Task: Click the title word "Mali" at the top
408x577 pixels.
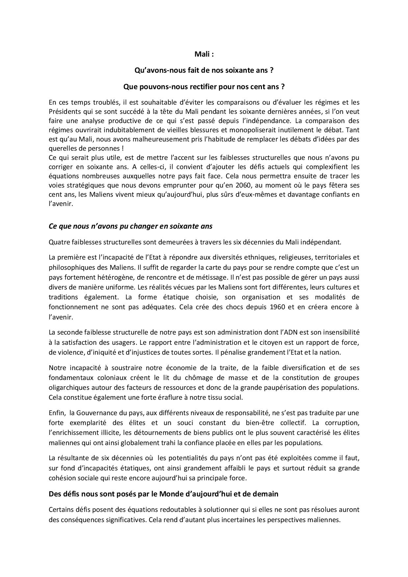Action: click(201, 54)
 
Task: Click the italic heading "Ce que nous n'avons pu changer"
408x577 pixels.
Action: click(130, 226)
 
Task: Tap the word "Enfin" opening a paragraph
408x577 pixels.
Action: click(57, 413)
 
